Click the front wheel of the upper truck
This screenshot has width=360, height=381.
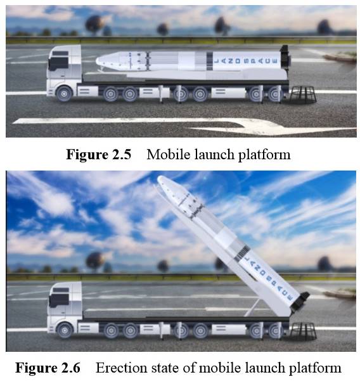(x=64, y=94)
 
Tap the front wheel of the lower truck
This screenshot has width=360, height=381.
(x=65, y=330)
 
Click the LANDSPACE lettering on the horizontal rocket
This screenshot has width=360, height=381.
(x=245, y=61)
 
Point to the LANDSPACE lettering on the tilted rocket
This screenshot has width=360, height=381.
(x=269, y=278)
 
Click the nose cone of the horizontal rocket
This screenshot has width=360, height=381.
(x=109, y=61)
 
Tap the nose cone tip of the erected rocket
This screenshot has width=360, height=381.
(x=159, y=178)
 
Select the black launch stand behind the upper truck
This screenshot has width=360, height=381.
(x=303, y=94)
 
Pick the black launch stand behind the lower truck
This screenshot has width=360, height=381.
(x=303, y=331)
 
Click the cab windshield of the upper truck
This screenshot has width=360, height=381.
(x=58, y=63)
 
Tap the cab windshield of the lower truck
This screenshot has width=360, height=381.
(x=59, y=300)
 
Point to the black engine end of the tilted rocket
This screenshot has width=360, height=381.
(x=300, y=302)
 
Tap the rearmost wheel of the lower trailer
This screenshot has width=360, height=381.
(x=275, y=330)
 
